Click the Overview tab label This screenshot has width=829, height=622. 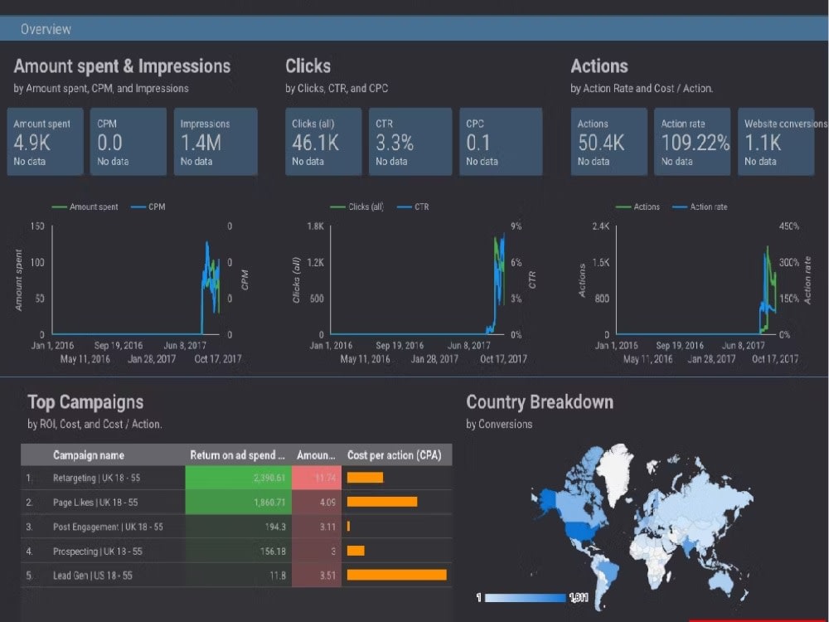click(x=46, y=29)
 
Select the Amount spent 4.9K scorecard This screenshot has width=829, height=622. click(x=46, y=142)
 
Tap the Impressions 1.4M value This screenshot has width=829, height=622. click(x=201, y=143)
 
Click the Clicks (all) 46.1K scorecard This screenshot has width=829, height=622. click(x=323, y=142)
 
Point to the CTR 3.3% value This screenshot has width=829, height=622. click(x=395, y=143)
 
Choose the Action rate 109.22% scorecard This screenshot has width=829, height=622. click(x=692, y=142)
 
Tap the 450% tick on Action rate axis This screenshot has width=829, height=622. click(x=788, y=226)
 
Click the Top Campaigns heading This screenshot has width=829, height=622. click(x=85, y=402)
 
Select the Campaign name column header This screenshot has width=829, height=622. click(x=89, y=455)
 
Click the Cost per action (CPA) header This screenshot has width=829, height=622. click(x=394, y=455)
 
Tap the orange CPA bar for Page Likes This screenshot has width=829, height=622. click(x=381, y=502)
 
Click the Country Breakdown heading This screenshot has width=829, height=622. click(x=540, y=402)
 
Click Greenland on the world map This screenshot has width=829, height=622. click(x=613, y=464)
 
